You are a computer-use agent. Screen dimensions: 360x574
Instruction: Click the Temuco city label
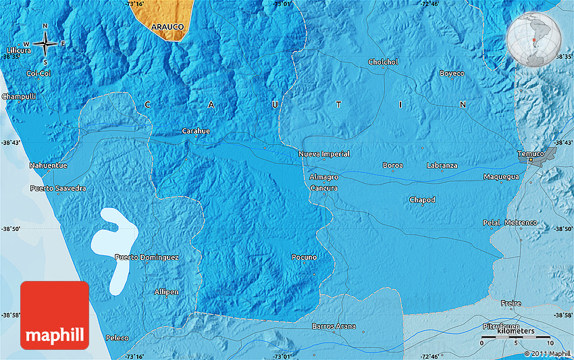[x=530, y=154]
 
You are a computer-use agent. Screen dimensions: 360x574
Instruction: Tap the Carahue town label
[x=196, y=130]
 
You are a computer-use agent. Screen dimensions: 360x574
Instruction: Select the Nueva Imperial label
[x=324, y=154]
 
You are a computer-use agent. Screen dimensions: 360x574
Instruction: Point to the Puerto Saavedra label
[x=58, y=188]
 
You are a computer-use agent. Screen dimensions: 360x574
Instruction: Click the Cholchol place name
[x=383, y=62]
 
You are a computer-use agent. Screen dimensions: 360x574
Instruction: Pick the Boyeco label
[x=452, y=73]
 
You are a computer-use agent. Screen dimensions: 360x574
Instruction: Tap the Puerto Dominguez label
[x=147, y=257]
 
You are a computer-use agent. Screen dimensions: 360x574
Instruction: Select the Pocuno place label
[x=303, y=257]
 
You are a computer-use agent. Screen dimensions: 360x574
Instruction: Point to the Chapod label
[x=422, y=200]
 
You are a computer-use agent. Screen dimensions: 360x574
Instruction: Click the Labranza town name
[x=442, y=165]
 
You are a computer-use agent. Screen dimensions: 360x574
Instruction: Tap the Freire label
[x=511, y=303]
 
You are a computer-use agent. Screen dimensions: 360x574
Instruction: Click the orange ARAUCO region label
[x=167, y=26]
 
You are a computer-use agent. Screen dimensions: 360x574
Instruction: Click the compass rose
[x=45, y=44]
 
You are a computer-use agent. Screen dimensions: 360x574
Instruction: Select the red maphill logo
[x=55, y=315]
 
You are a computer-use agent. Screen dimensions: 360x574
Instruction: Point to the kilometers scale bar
[x=515, y=336]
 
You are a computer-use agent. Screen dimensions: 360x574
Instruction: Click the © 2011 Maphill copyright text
[x=547, y=353]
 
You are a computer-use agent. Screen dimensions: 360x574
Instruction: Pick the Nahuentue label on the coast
[x=48, y=165]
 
